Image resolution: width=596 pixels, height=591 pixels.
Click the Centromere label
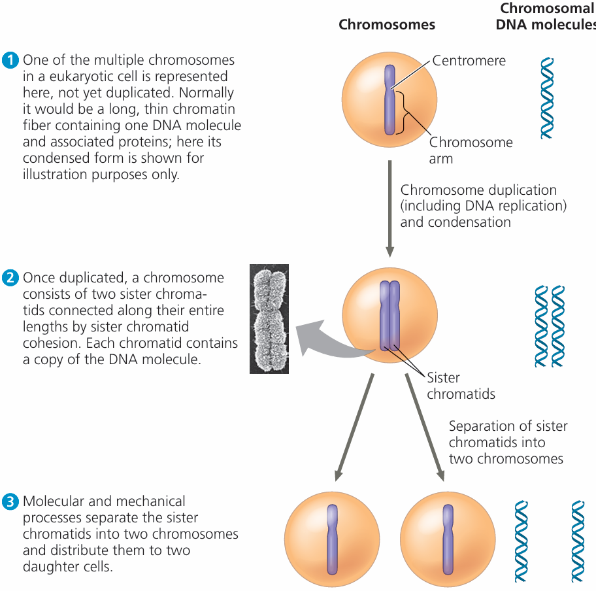469,61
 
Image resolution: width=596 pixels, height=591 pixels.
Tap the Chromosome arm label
471,150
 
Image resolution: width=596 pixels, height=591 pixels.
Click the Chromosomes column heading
387,25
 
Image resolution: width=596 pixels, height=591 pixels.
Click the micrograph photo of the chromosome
269,318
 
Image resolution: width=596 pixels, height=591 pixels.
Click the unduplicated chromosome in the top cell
389,99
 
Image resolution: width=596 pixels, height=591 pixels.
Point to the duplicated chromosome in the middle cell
389,315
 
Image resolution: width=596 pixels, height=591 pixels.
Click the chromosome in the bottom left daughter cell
333,539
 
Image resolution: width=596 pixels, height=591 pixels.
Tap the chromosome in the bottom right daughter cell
447,539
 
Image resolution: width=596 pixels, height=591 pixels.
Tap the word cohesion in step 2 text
50,343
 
